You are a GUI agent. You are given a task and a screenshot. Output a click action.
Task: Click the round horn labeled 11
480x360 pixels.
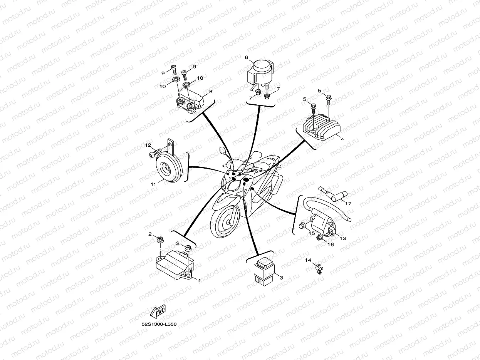(169, 167)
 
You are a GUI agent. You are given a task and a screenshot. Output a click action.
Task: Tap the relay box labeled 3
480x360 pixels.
(264, 272)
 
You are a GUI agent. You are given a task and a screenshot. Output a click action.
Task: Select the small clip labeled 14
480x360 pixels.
(319, 269)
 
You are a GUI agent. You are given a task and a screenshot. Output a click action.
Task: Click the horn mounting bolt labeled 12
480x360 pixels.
(155, 152)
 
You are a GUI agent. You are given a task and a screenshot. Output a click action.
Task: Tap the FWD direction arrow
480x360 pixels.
(158, 311)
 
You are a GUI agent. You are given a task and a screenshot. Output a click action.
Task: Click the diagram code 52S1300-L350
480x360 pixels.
(159, 324)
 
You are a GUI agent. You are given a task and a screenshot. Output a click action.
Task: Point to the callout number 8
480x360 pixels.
(211, 91)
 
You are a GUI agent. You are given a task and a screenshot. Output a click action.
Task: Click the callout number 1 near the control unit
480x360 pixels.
(199, 280)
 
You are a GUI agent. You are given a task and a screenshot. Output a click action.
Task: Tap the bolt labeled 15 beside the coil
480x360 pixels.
(302, 225)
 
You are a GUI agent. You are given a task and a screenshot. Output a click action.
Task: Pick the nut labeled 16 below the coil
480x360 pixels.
(319, 238)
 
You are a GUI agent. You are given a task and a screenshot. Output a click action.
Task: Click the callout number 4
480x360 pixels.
(342, 139)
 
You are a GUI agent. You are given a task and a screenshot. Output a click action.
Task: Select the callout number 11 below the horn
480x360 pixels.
(153, 184)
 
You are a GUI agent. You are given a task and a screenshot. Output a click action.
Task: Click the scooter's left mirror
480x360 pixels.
(222, 151)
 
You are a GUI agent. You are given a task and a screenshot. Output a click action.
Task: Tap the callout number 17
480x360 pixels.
(348, 204)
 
